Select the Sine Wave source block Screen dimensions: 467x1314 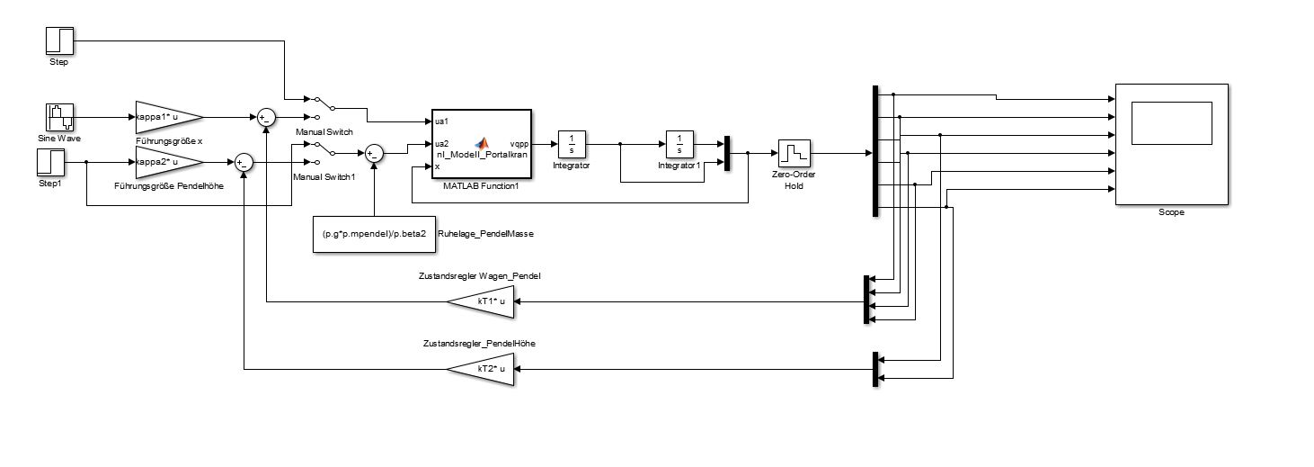click(59, 117)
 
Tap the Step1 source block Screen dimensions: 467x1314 click(50, 163)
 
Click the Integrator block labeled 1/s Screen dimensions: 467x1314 click(572, 144)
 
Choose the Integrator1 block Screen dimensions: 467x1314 click(679, 144)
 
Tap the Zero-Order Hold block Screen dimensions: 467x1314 click(795, 155)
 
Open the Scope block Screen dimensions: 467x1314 click(1171, 144)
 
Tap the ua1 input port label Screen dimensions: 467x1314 click(441, 121)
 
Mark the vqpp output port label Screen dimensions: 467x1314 click(519, 143)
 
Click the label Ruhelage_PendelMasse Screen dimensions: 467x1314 click(485, 234)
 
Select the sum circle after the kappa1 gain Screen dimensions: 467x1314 click(266, 117)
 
